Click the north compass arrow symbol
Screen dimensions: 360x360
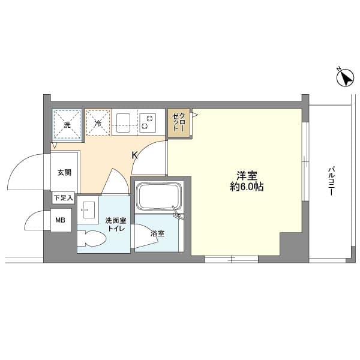pos(344,79)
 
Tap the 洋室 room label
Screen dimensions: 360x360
pos(247,176)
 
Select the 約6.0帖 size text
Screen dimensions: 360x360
pos(247,187)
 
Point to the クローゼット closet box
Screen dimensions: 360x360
pos(179,122)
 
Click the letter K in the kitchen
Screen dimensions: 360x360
pos(135,155)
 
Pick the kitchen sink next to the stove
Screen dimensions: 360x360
pos(125,122)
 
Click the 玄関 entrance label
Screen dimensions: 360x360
pos(64,172)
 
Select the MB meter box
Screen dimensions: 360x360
pos(60,220)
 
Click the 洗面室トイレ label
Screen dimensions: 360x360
pos(115,224)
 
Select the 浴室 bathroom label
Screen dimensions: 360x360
pos(157,233)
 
